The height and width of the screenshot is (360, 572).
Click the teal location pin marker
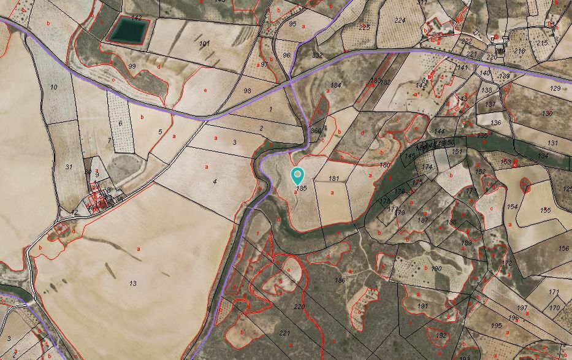297,175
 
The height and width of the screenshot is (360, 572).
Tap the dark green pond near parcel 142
128,30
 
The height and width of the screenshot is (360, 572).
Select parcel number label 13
133,283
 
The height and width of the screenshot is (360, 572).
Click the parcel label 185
300,189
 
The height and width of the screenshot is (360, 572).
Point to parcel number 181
334,178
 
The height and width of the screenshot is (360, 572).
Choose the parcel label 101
204,44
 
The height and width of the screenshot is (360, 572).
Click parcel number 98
247,91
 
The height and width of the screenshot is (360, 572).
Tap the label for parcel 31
69,167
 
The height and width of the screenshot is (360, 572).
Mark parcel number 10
54,88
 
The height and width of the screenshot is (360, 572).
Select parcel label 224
400,20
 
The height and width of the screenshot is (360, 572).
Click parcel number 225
365,28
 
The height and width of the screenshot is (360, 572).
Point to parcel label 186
340,280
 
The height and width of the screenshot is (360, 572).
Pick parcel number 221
284,333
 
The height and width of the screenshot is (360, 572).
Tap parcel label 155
546,210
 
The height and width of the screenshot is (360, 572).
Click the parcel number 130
547,113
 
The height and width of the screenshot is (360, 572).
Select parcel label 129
555,88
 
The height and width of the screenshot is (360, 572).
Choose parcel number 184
336,85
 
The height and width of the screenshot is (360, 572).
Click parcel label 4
215,182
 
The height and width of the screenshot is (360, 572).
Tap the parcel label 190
437,269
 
